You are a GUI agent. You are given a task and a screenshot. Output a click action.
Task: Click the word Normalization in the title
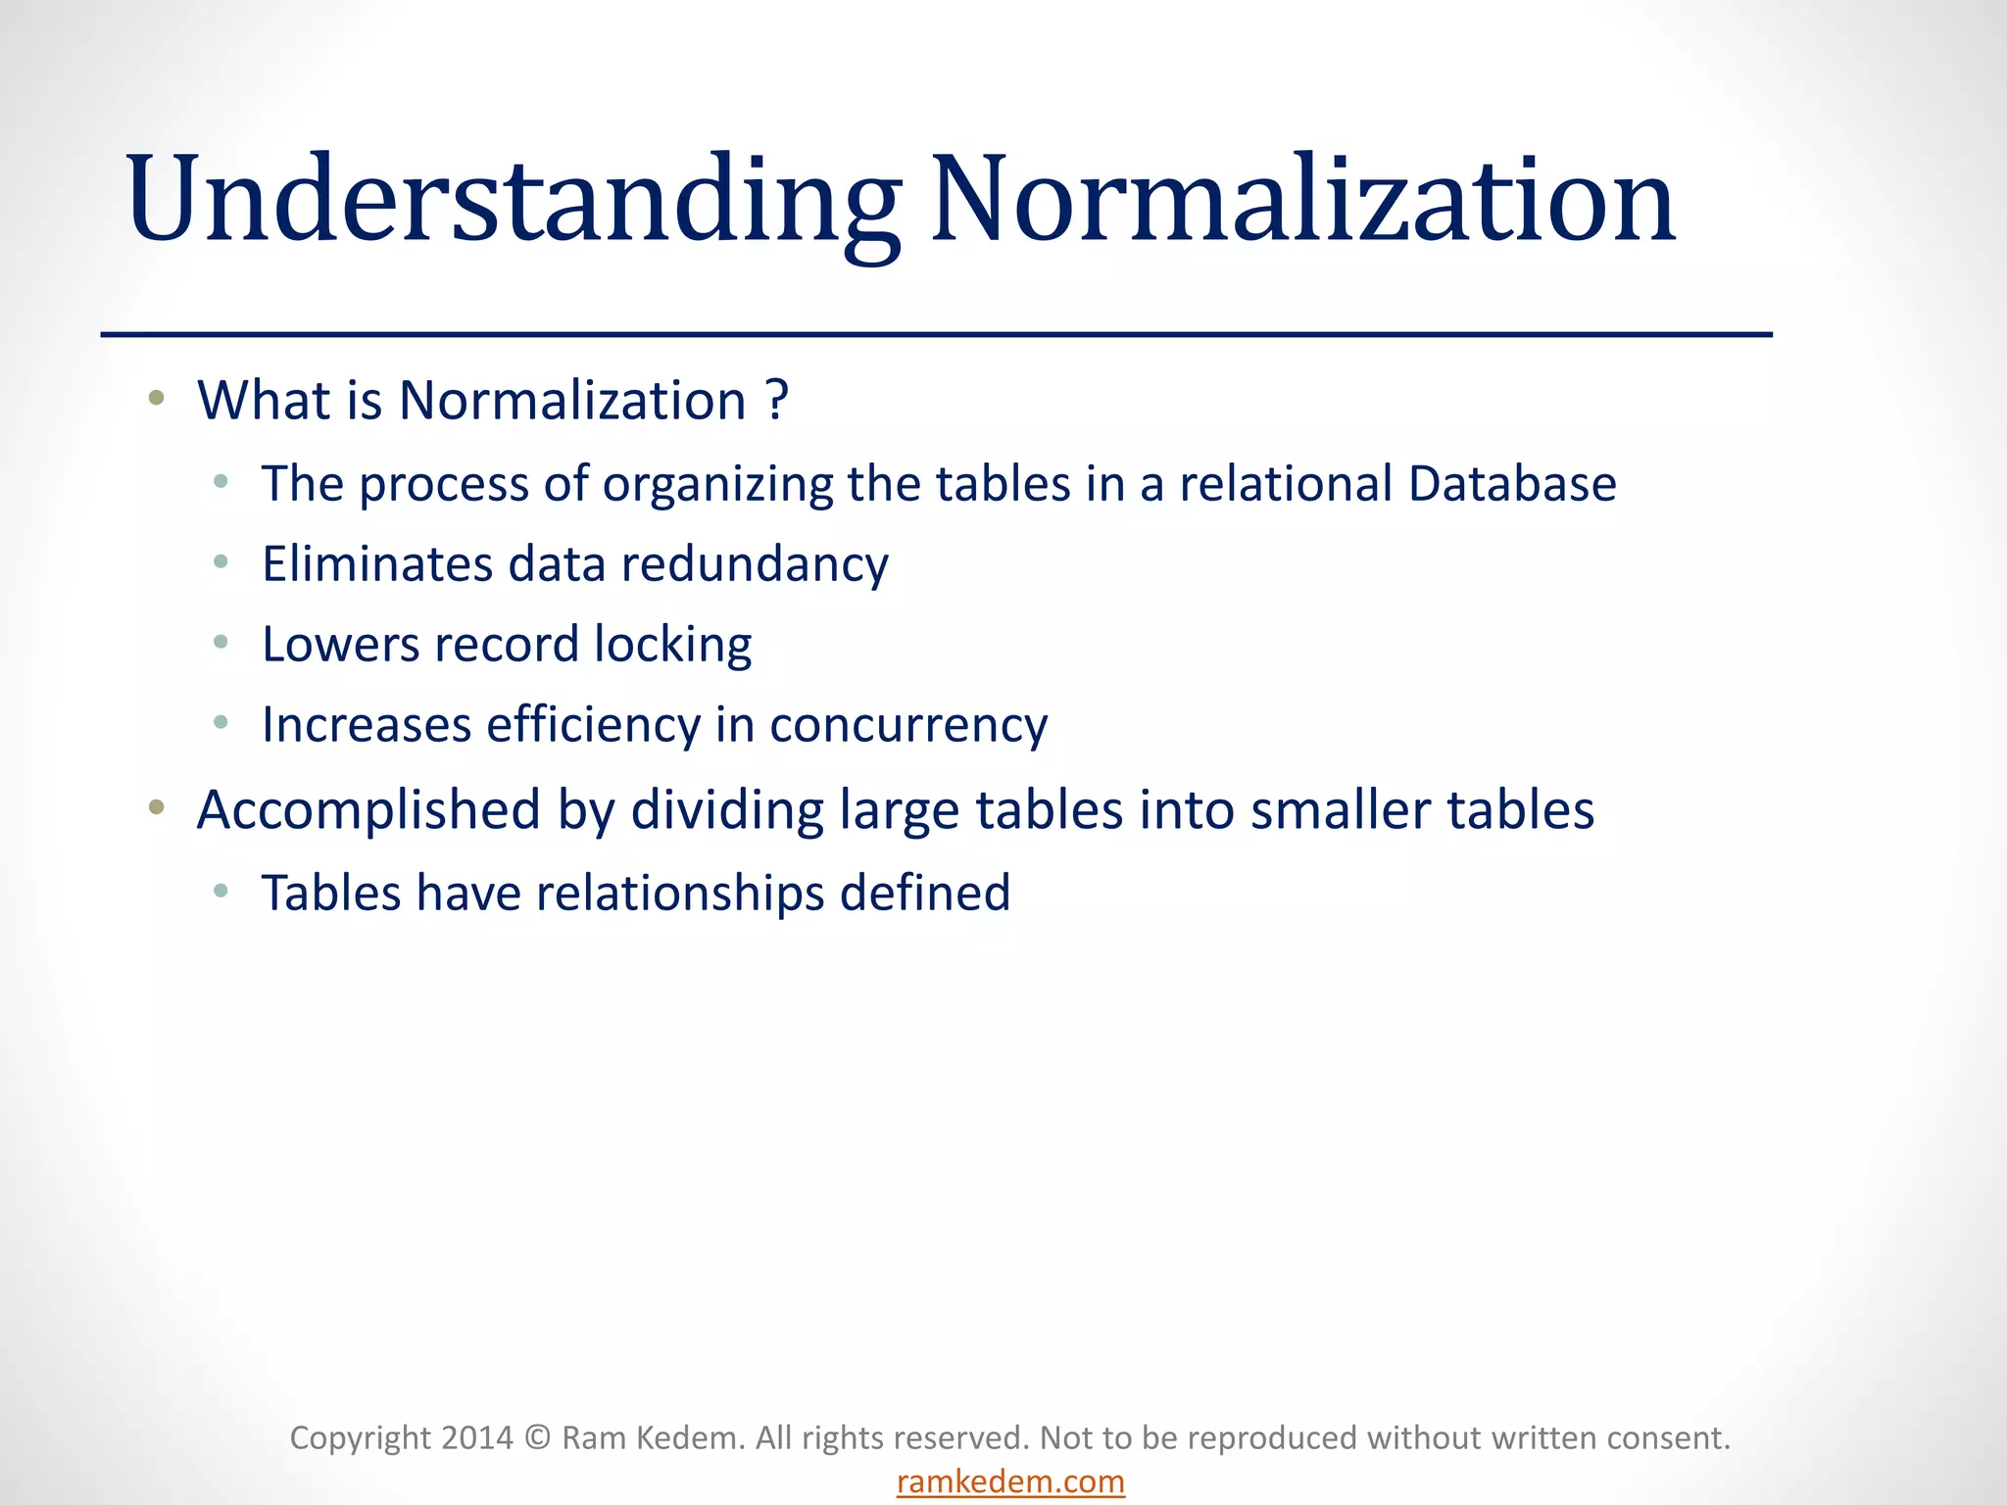(x=1303, y=201)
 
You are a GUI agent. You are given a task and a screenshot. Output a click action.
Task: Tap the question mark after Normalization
(x=777, y=402)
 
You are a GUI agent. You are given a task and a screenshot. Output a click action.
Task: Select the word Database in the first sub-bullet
(x=1512, y=484)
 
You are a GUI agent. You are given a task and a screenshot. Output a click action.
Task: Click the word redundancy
(x=755, y=565)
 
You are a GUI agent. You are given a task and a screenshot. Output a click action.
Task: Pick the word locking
(x=673, y=646)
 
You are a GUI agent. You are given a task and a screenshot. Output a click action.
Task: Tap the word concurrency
(x=908, y=726)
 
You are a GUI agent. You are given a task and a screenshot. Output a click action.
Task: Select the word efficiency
(x=594, y=726)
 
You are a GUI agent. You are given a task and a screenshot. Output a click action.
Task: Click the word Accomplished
(x=368, y=811)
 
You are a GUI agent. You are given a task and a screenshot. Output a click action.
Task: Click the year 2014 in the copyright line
(x=477, y=1437)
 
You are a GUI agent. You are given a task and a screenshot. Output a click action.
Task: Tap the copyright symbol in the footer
(x=537, y=1437)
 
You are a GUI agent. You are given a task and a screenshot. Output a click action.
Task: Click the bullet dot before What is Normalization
(x=156, y=398)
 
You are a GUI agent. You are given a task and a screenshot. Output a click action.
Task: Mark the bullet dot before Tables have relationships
(x=221, y=891)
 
